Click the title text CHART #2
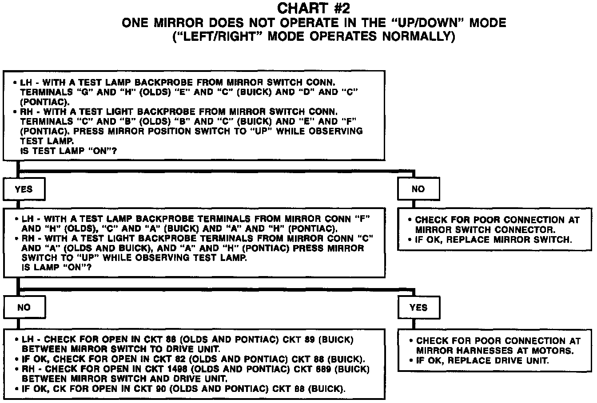(x=316, y=8)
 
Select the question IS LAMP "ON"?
(x=54, y=268)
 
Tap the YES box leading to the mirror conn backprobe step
(x=24, y=190)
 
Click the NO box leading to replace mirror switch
(x=418, y=190)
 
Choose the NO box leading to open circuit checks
(x=24, y=307)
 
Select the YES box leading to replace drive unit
(x=418, y=307)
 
